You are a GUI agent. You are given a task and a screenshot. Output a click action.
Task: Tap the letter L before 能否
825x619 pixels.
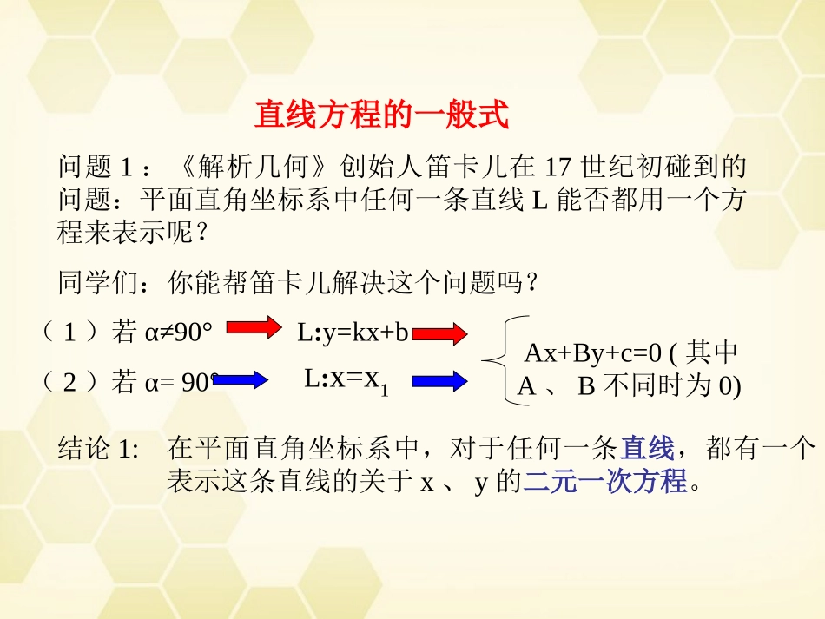coord(538,201)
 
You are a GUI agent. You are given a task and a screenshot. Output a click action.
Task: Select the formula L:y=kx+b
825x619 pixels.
coord(353,332)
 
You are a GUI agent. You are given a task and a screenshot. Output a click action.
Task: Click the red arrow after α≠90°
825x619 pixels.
coord(255,327)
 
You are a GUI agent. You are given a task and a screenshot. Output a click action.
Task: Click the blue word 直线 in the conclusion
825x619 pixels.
coord(647,449)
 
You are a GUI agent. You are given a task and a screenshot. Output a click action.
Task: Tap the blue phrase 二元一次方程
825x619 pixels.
coord(605,480)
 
